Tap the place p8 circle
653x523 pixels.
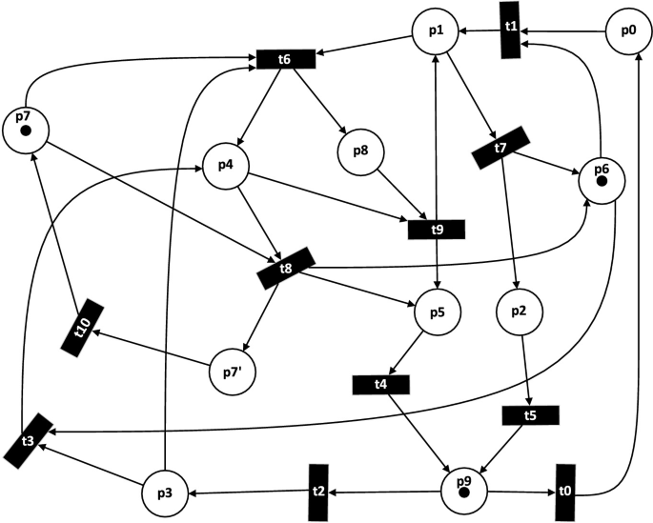point(360,151)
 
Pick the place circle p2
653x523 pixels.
point(520,310)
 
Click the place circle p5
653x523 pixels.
point(438,310)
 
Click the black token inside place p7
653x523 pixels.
point(26,130)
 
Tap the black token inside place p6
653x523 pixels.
point(601,181)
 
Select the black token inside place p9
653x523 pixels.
point(464,493)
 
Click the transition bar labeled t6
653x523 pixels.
point(284,59)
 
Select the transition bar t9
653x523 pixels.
point(437,229)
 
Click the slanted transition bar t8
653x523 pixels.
point(286,268)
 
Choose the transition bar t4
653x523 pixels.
point(381,384)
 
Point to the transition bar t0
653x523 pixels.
point(564,492)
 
